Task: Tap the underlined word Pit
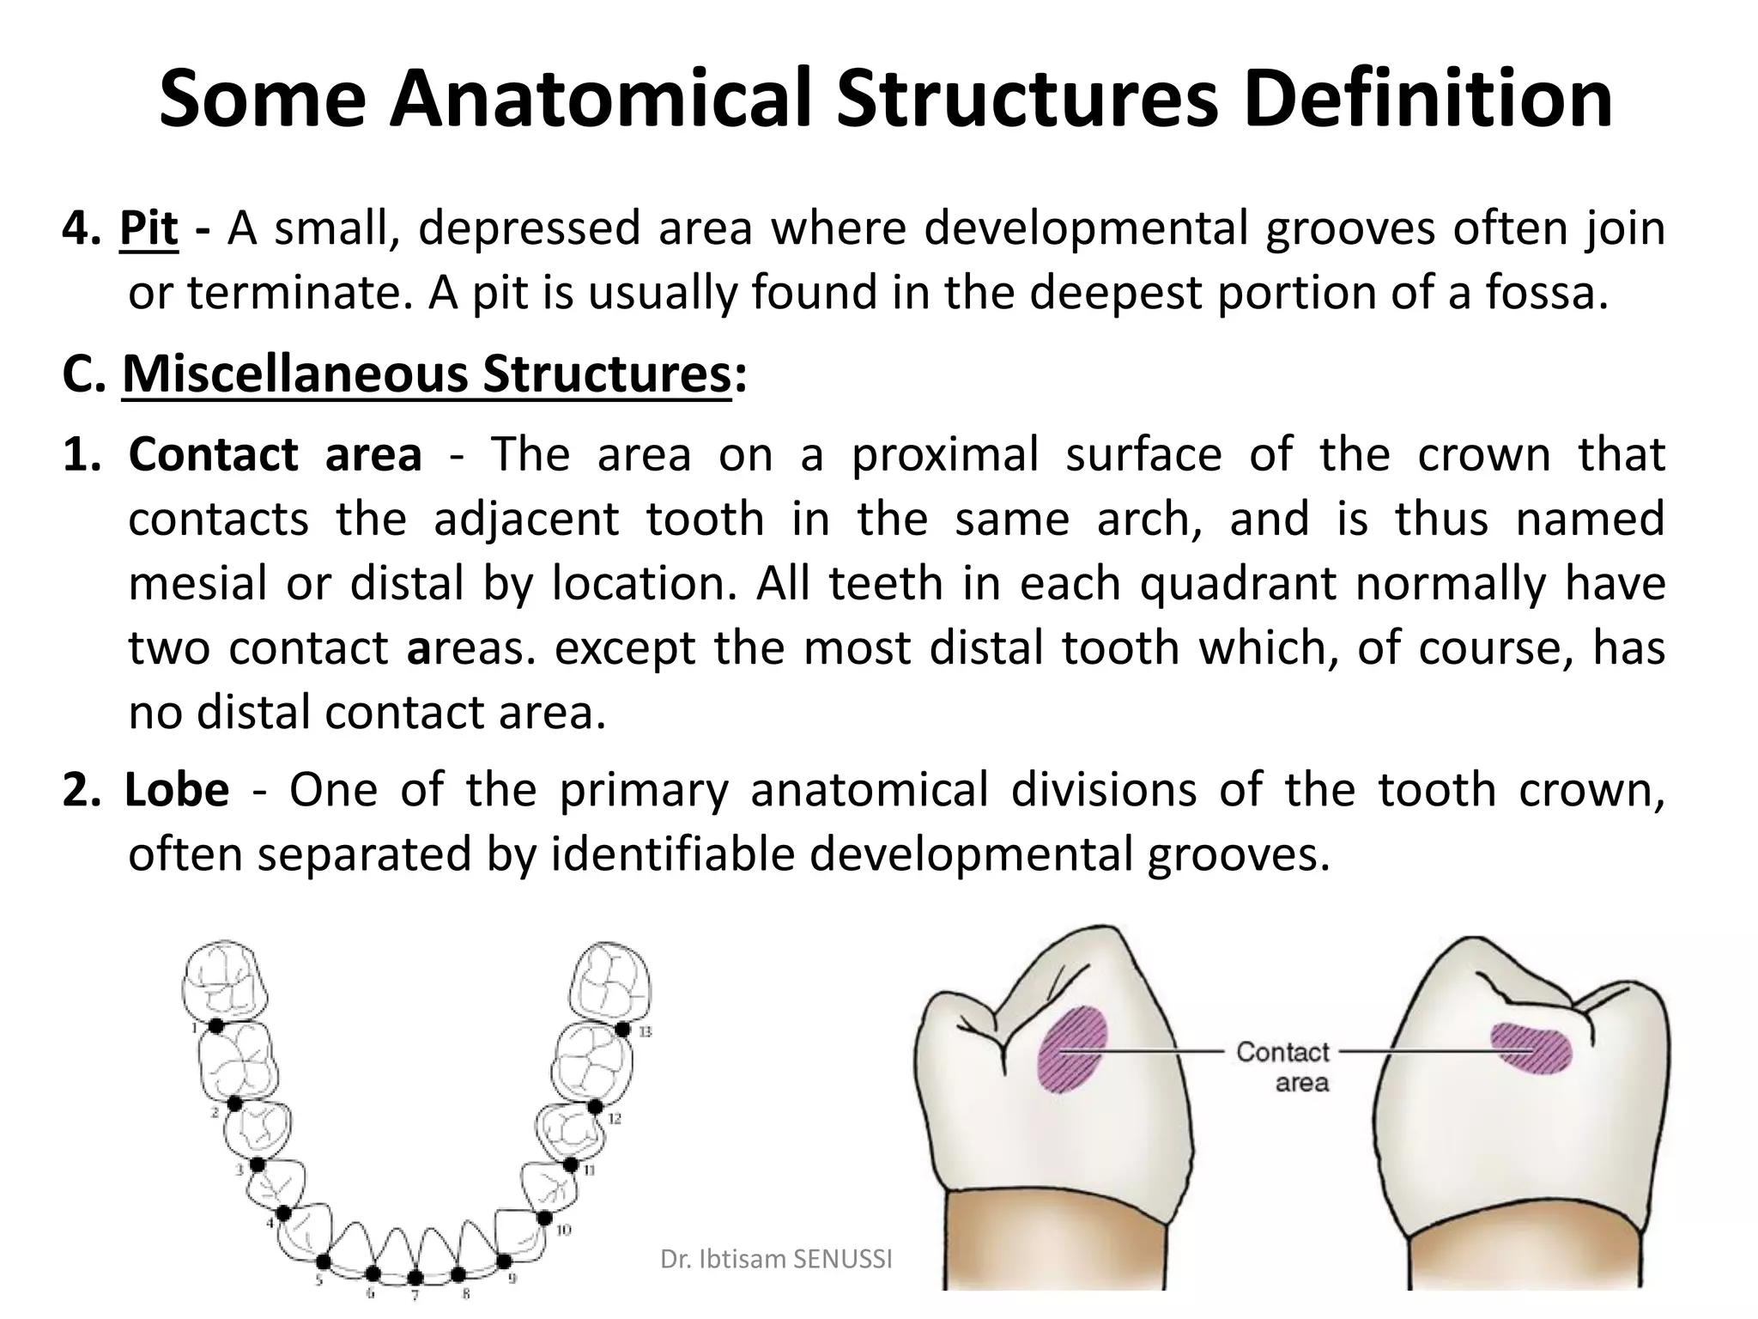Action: (x=149, y=229)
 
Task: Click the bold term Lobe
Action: (x=178, y=789)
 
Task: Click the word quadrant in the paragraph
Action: (x=1238, y=584)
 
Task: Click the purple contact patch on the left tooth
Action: (x=1073, y=1048)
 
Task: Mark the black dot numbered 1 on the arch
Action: (x=216, y=1025)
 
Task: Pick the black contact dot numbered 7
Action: (x=415, y=1278)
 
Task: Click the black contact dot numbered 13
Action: (x=623, y=1029)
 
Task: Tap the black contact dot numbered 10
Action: (x=544, y=1219)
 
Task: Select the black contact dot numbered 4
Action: (x=283, y=1213)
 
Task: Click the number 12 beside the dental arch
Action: (x=615, y=1119)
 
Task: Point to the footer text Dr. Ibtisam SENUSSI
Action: (x=776, y=1259)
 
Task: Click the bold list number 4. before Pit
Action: (x=82, y=229)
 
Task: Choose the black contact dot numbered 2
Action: (x=233, y=1103)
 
